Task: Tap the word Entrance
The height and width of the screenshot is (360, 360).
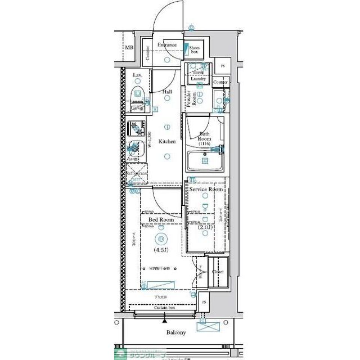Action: click(167, 45)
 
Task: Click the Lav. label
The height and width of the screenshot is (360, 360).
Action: click(137, 75)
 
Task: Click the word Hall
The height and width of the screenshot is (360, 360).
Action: click(167, 91)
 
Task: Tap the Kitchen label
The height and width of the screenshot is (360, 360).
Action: click(167, 142)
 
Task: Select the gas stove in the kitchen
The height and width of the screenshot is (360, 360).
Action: click(135, 129)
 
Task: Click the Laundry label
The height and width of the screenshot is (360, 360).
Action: click(198, 79)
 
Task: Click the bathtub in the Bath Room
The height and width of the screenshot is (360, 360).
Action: click(205, 160)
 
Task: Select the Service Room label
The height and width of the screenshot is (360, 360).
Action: click(206, 190)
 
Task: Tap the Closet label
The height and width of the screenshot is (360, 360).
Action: click(218, 272)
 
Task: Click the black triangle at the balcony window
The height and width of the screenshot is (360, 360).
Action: click(164, 321)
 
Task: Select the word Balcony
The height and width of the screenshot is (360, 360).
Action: click(175, 332)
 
